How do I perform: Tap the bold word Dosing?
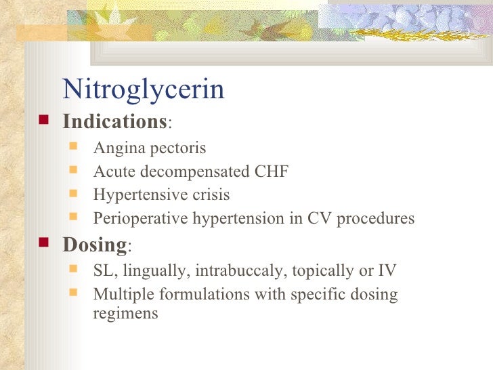point(94,244)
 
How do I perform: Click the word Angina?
point(116,148)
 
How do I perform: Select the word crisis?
point(209,195)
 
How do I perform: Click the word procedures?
point(377,219)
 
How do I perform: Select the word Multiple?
point(119,295)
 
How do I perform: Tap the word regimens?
point(125,314)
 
